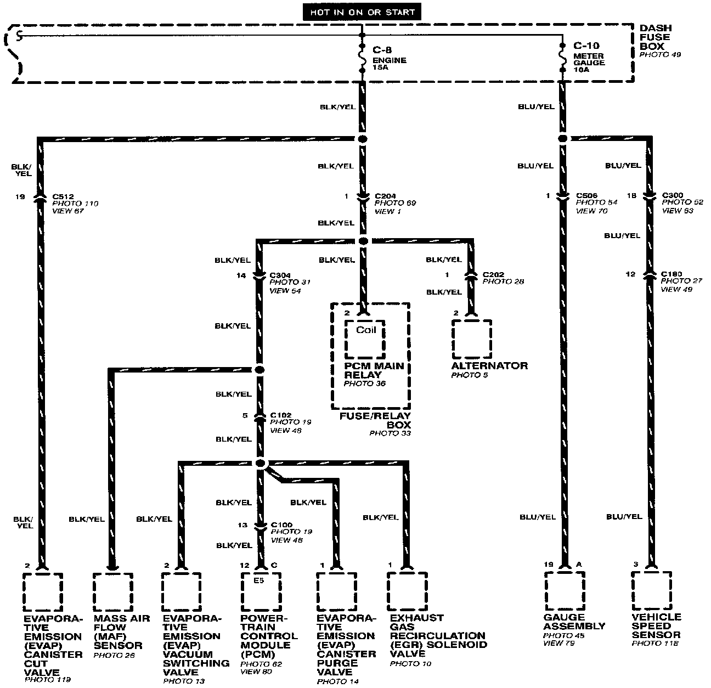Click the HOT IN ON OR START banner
362,12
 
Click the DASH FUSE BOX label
655,37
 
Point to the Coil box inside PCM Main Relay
365,337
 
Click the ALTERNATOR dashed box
471,339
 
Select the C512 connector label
64,196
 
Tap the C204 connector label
385,196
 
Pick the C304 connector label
280,275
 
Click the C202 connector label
493,274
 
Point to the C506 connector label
586,195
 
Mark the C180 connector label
672,274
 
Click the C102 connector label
281,415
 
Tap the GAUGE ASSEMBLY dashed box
565,590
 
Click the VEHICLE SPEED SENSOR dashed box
651,590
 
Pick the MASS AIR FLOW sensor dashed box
112,592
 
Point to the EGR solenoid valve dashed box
407,591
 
